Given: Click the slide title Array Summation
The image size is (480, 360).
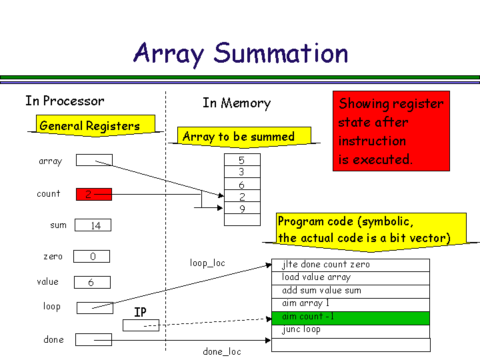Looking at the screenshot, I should click(241, 53).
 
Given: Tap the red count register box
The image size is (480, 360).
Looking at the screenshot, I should click(94, 194).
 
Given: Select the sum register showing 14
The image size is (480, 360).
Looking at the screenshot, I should click(93, 225).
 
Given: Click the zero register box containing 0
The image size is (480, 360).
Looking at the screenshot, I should click(91, 257).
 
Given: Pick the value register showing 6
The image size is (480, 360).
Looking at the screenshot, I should click(91, 282).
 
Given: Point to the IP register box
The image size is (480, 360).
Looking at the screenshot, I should click(141, 325).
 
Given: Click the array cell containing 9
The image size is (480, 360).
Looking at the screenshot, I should click(241, 209).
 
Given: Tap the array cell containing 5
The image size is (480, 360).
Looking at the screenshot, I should click(241, 160).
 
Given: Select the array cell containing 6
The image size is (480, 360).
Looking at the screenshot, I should click(241, 185).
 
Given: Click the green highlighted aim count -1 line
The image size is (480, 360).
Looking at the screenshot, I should click(351, 317).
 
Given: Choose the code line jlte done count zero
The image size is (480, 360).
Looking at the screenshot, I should click(351, 265).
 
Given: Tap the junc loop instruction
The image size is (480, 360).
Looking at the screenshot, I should click(351, 330).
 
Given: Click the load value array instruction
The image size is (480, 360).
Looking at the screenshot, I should click(351, 278).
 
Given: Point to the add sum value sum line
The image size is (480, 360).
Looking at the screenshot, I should click(351, 291).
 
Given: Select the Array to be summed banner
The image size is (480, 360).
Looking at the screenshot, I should click(238, 137).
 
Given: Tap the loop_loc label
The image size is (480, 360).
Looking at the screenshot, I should click(207, 263).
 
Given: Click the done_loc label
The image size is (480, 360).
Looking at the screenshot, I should click(222, 351).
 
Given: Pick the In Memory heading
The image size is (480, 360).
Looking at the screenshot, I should click(237, 103).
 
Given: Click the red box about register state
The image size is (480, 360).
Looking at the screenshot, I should click(391, 131).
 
